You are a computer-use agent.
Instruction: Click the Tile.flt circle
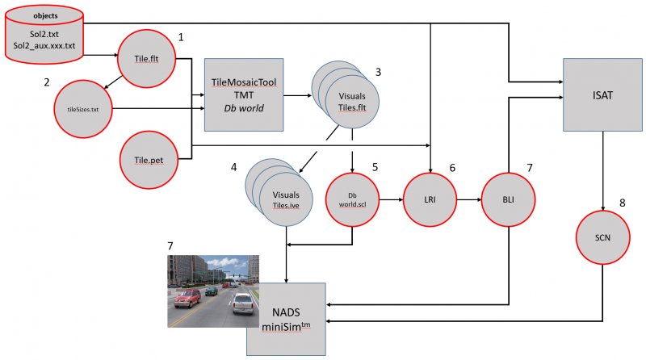[x=148, y=57]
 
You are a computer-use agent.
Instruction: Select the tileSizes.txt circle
[x=82, y=108]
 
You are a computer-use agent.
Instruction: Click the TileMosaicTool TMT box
[x=243, y=94]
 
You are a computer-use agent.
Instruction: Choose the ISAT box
[x=602, y=95]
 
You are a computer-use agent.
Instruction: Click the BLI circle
[x=509, y=199]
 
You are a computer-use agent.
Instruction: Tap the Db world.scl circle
[x=352, y=199]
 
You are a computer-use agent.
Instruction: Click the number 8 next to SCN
[x=622, y=204]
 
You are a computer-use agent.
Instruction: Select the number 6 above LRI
[x=452, y=168]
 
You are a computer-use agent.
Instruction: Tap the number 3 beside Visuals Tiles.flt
[x=377, y=71]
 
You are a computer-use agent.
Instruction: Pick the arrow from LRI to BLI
[x=468, y=199]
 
